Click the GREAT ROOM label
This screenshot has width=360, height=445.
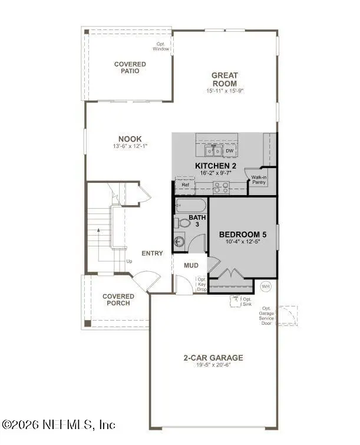coord(225,79)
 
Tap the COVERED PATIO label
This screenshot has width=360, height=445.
coord(127,67)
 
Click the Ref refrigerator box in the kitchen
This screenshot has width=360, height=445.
coord(186,185)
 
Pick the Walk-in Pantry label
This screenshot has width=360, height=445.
coord(260,180)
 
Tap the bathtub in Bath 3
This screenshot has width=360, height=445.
coord(190,207)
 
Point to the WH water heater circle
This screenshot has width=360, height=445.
coord(266,286)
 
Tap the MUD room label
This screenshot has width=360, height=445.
coord(191,265)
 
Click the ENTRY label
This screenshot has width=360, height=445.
coord(152,253)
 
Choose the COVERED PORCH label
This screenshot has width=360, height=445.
coord(118,299)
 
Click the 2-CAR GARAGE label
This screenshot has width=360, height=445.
coord(213,358)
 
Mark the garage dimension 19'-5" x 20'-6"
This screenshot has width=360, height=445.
coord(213,365)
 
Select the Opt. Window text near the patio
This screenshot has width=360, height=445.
coord(162,47)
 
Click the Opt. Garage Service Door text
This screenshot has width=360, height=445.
coord(267,317)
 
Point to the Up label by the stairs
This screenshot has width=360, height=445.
coord(129,261)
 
